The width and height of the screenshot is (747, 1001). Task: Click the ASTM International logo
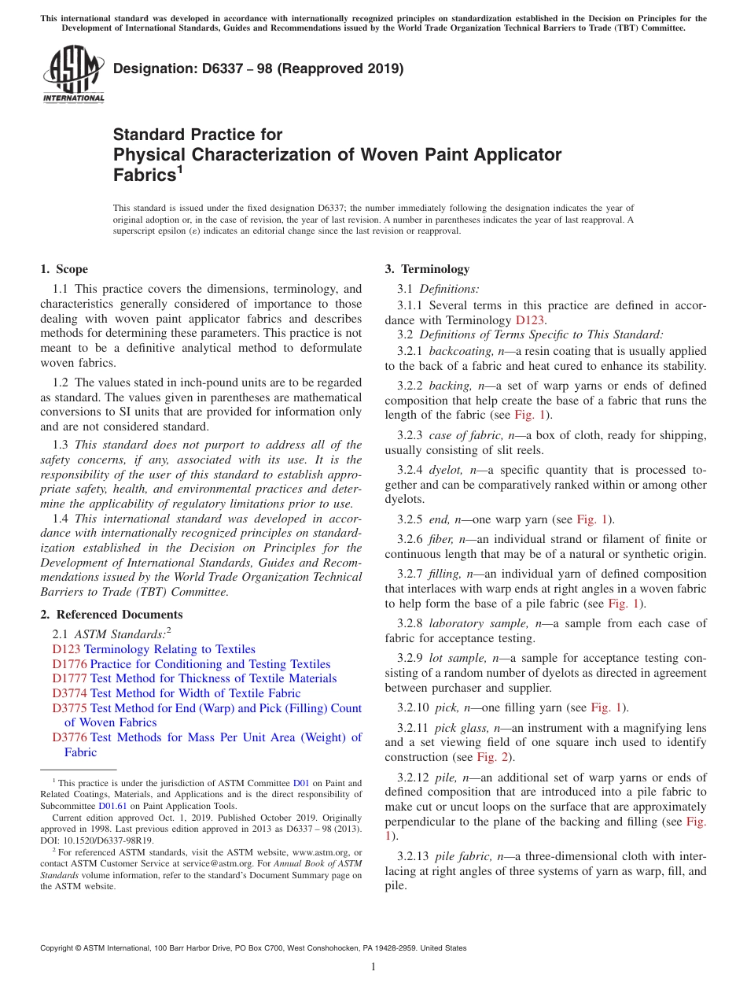pos(72,74)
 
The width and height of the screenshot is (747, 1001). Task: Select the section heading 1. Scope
pos(64,269)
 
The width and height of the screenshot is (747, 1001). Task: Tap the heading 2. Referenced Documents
pos(112,615)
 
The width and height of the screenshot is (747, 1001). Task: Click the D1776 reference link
pos(66,664)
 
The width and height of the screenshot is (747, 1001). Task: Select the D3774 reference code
pos(66,693)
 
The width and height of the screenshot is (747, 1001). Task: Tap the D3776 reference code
pos(66,737)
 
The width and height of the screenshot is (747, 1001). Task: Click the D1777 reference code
pos(66,678)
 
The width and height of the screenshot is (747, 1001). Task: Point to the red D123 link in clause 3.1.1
pos(529,320)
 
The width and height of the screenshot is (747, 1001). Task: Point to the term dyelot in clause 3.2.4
pos(446,470)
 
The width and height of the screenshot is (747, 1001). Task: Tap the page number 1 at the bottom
pos(373,966)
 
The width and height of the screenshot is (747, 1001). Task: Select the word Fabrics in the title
pos(142,175)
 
